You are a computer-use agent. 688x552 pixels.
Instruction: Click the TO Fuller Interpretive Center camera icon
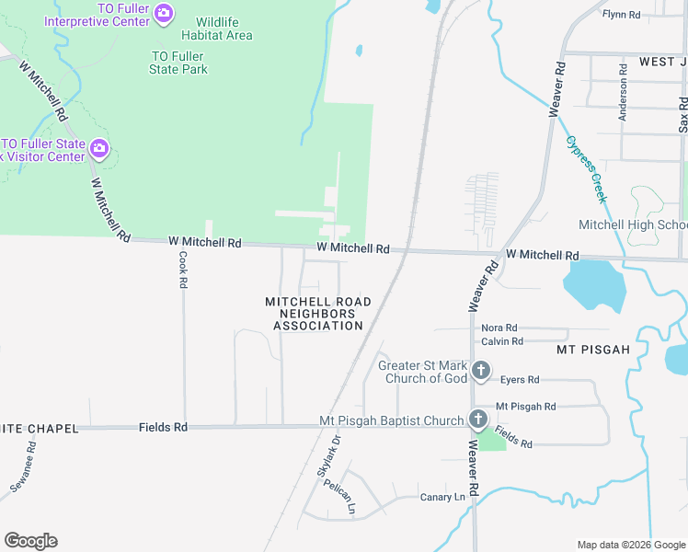click(x=164, y=12)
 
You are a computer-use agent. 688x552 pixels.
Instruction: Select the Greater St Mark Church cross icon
click(x=480, y=371)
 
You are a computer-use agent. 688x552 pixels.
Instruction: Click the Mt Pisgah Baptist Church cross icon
click(x=478, y=420)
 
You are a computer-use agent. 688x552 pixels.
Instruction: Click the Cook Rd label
click(x=183, y=270)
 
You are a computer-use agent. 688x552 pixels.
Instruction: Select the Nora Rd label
click(x=499, y=328)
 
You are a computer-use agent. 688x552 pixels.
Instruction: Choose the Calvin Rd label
click(x=502, y=341)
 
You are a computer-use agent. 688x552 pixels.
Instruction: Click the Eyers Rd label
click(x=520, y=379)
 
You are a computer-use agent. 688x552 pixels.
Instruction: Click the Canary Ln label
click(x=442, y=497)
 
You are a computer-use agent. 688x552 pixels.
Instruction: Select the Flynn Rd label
click(x=621, y=15)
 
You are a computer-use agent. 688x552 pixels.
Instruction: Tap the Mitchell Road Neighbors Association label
click(x=318, y=314)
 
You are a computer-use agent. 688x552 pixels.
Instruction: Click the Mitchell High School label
click(x=632, y=225)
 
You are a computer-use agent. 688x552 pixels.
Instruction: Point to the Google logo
click(x=30, y=541)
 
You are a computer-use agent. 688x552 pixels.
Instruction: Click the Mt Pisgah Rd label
click(x=526, y=406)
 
